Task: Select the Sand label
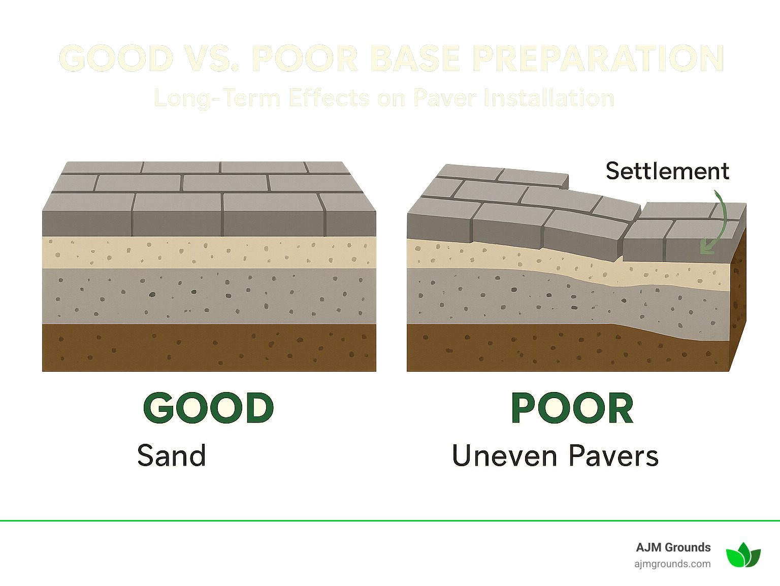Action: [172, 455]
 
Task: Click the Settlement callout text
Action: [667, 171]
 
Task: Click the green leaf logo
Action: [743, 555]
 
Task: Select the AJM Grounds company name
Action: [673, 547]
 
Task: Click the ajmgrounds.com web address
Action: [672, 564]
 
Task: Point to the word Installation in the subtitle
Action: [548, 98]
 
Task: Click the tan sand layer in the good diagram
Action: [209, 252]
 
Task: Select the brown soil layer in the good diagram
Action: [209, 347]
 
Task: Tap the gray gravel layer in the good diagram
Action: [209, 296]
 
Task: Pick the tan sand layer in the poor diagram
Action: [508, 257]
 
